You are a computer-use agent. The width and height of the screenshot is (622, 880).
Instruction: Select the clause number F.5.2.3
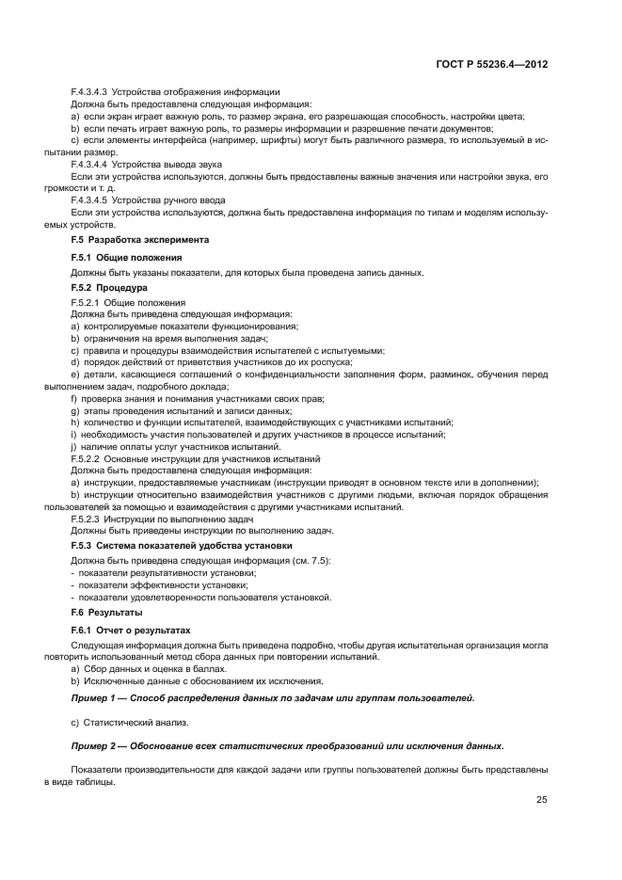(x=87, y=519)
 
